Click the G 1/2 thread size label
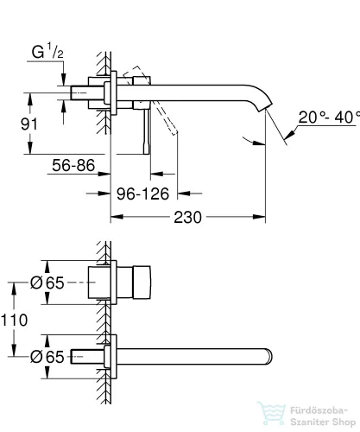click(x=47, y=51)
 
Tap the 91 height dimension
click(x=29, y=124)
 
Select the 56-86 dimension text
click(x=73, y=165)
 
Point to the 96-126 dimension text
click(x=142, y=194)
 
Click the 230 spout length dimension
click(x=187, y=217)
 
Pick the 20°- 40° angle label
click(x=329, y=118)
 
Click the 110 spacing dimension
click(x=14, y=320)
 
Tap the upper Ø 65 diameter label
click(x=47, y=283)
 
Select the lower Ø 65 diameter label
click(x=47, y=357)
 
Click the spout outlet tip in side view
click(x=267, y=107)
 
